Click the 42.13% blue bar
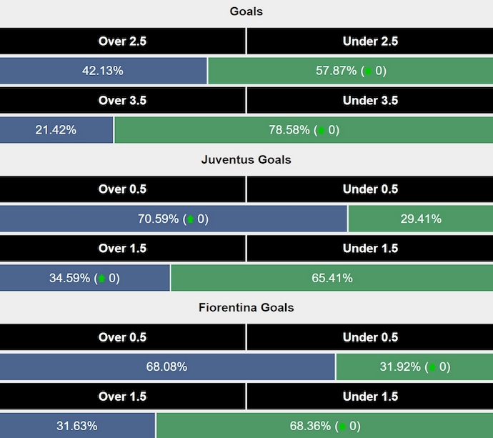tap(104, 71)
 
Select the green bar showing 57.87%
tap(350, 71)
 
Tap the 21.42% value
tap(56, 130)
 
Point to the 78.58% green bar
tap(304, 130)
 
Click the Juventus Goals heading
tap(246, 159)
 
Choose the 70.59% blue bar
tap(174, 219)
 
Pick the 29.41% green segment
tap(420, 219)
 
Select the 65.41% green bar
tap(332, 278)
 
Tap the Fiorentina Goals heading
tap(246, 307)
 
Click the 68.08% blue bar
tap(167, 367)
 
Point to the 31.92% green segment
tap(414, 367)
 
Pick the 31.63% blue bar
tap(77, 426)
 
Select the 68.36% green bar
tap(324, 426)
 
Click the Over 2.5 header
tap(122, 41)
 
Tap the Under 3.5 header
tap(370, 101)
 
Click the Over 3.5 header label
tap(122, 101)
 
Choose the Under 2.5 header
tap(370, 41)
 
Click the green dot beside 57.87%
tap(368, 71)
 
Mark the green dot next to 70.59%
tap(191, 219)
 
